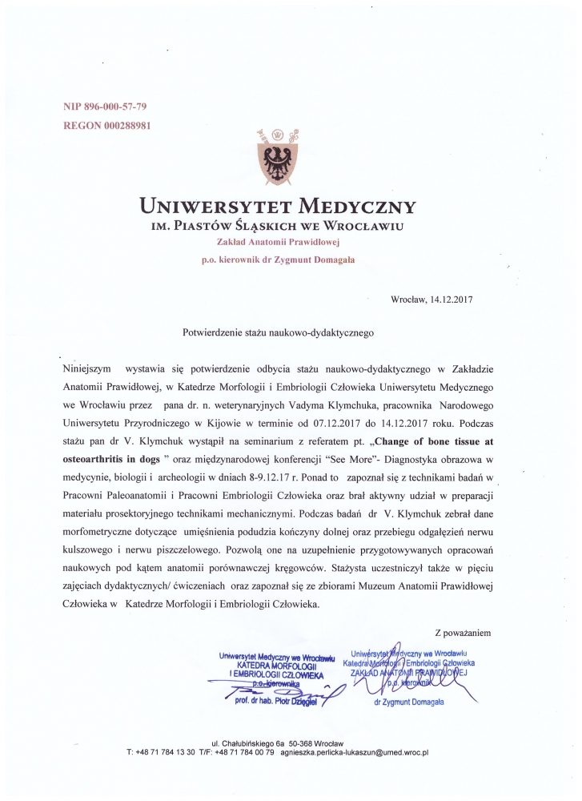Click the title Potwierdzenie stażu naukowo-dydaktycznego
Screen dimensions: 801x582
pyautogui.click(x=279, y=331)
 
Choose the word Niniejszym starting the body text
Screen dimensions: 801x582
pyautogui.click(x=88, y=368)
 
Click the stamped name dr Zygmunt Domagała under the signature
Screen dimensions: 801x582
pyautogui.click(x=408, y=702)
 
